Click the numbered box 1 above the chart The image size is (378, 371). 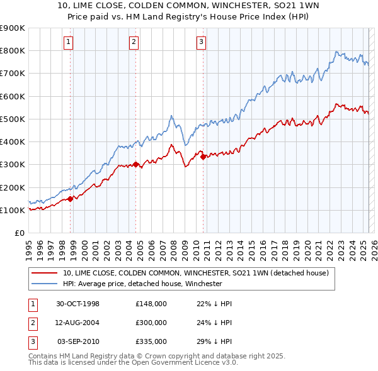click(68, 42)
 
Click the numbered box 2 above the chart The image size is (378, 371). click(134, 42)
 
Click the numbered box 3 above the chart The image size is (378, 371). click(201, 42)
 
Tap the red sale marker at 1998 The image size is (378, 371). click(71, 199)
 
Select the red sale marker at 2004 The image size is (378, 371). click(135, 164)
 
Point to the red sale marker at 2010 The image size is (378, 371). click(203, 157)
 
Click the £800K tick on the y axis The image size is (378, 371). click(13, 50)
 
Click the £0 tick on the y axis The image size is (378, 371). click(19, 233)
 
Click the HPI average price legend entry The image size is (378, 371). click(142, 284)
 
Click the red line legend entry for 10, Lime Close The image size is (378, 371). click(195, 273)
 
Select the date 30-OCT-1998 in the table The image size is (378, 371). click(77, 304)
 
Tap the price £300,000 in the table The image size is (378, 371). click(151, 323)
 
